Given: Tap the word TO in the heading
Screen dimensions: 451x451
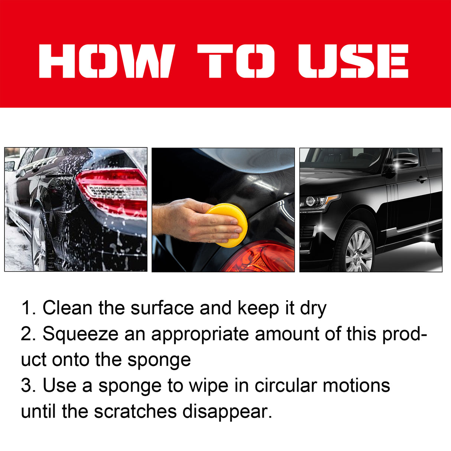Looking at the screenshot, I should pos(236,61).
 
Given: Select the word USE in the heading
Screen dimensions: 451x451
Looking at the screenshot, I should pos(353,61).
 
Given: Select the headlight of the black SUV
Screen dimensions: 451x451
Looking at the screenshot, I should pos(318,202).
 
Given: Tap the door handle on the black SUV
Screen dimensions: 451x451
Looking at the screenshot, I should pos(422,180).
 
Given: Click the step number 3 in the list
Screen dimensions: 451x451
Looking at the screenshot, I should pos(27,385).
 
